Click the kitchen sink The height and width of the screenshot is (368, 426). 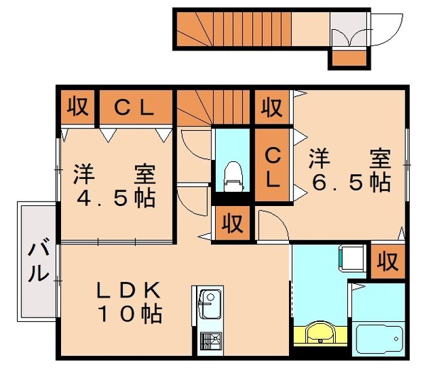(x=207, y=305)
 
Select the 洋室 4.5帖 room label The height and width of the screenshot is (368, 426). (x=114, y=186)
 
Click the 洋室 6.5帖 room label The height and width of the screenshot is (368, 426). (x=349, y=171)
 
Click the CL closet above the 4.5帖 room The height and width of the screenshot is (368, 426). (x=135, y=107)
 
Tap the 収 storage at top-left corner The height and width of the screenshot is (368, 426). (x=77, y=107)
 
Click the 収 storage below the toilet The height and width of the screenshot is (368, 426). (x=231, y=224)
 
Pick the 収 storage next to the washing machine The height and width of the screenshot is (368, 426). (x=387, y=262)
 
